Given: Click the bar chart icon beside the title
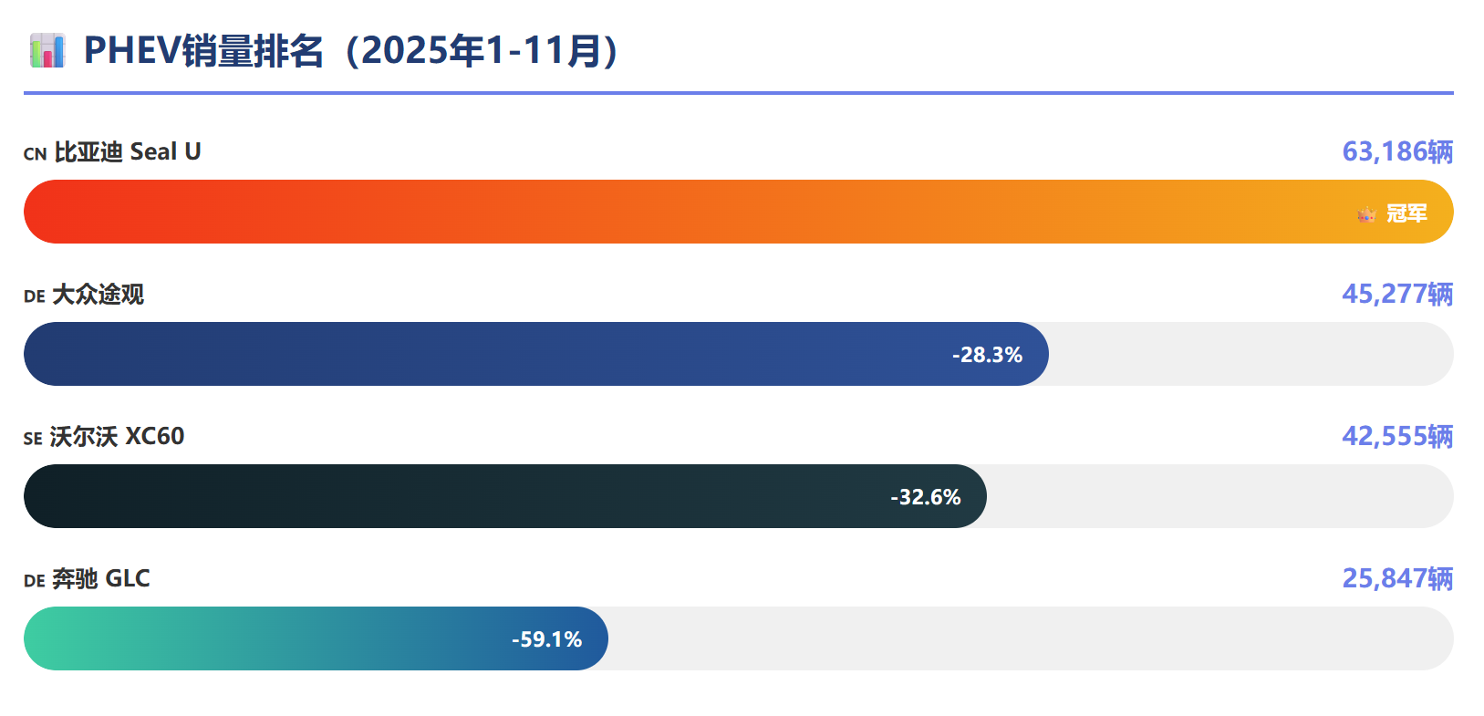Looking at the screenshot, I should tap(47, 51).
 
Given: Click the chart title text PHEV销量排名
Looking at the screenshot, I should tap(203, 51).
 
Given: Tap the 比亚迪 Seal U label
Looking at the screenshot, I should tap(128, 151).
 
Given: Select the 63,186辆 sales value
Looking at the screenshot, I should tap(1396, 151).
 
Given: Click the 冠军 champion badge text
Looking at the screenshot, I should tap(1406, 213).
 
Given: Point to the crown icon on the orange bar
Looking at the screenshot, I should tap(1366, 214).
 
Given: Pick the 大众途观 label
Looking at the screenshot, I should tap(99, 295).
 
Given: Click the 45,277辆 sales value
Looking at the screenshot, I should tap(1396, 294).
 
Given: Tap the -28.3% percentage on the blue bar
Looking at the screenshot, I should tap(987, 355).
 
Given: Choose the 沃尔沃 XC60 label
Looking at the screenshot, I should tap(118, 437).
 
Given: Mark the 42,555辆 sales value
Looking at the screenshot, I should tap(1396, 436).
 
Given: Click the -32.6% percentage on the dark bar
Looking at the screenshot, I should tap(925, 497).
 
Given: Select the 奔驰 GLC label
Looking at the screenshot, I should tap(101, 579).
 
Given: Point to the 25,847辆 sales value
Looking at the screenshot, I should tap(1396, 578).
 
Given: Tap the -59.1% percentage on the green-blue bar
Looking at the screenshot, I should tap(546, 639).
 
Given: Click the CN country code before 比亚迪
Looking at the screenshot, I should tap(35, 154).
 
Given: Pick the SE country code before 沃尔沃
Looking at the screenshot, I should tap(33, 439).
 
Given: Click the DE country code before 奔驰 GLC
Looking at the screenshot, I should tap(34, 581).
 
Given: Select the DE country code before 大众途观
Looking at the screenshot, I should tap(34, 296).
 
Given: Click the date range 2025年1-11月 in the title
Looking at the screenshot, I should tap(481, 51).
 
